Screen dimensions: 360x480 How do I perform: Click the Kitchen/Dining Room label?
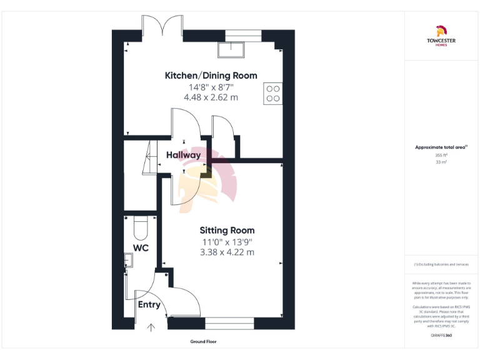tap(211, 76)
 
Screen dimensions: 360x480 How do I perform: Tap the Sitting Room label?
tap(227, 230)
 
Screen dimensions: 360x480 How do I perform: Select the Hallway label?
tap(183, 155)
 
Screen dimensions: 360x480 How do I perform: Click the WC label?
tap(141, 248)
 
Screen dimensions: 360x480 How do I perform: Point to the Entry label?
tap(149, 305)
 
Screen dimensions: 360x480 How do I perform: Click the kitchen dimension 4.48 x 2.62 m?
tap(211, 97)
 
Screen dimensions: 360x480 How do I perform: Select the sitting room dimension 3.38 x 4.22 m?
tap(227, 252)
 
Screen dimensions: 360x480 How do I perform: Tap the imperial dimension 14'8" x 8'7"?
tap(211, 87)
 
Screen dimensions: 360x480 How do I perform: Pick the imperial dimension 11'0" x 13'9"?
tap(227, 242)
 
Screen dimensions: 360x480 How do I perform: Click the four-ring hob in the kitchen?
tap(273, 93)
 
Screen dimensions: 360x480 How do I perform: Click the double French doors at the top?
tap(162, 26)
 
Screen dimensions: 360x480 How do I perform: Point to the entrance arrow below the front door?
tap(150, 327)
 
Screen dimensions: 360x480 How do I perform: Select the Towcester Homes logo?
tap(441, 35)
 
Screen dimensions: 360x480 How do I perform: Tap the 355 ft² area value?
tap(441, 155)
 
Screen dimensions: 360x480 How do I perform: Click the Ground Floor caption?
tap(203, 342)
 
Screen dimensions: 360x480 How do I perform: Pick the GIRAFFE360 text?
tap(441, 336)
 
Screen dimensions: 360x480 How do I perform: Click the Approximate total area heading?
tap(441, 147)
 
